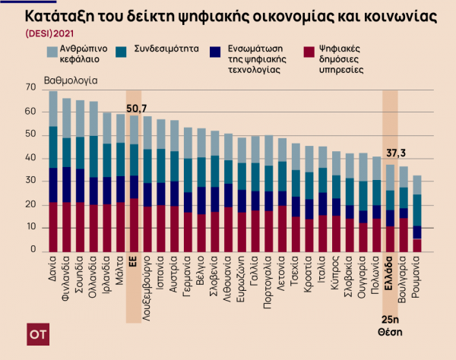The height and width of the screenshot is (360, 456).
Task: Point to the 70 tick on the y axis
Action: [31, 88]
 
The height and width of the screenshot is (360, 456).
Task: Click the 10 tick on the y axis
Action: [31, 228]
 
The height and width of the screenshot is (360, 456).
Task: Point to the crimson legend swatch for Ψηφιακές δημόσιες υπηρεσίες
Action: [306, 52]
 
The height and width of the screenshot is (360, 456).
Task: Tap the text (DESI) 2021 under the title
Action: [51, 33]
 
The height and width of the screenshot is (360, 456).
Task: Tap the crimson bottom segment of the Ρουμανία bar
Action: [417, 245]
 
